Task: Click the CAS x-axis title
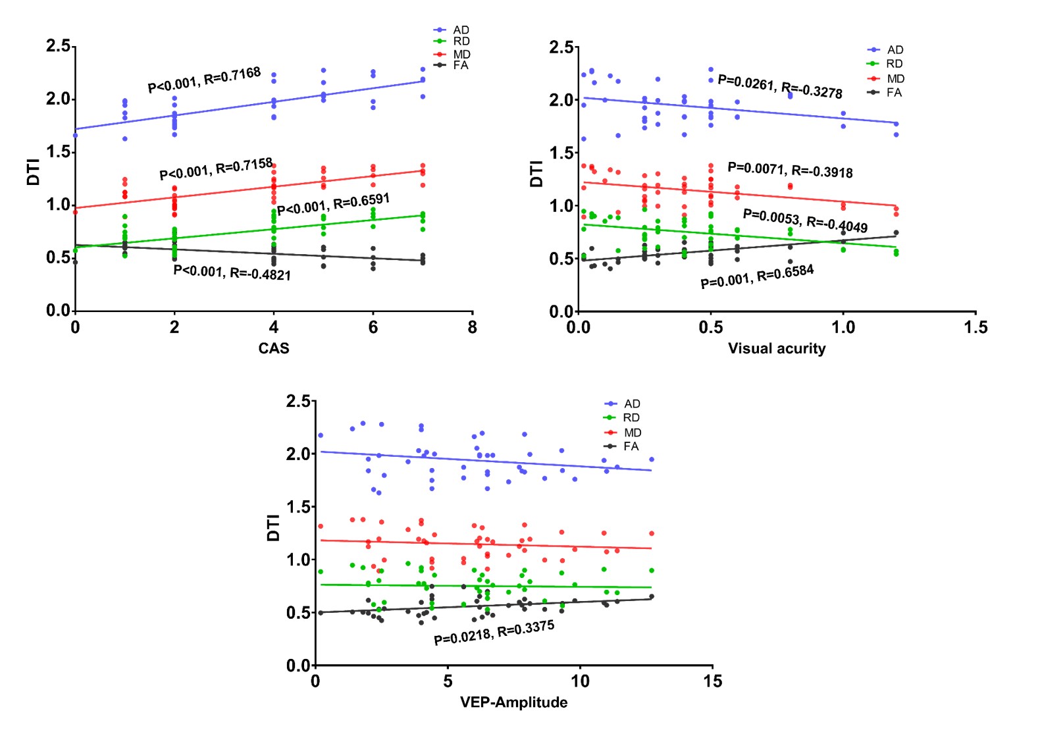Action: point(273,348)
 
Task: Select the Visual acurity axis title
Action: point(777,349)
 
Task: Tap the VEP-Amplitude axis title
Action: point(513,702)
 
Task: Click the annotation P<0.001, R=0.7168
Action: point(204,80)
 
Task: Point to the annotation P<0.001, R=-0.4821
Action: point(232,273)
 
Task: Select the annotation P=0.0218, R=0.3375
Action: point(494,632)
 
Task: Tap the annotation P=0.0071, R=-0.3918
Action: point(790,170)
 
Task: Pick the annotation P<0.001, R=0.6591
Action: point(333,205)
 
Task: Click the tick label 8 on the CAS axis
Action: point(472,327)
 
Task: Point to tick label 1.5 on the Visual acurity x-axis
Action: point(975,327)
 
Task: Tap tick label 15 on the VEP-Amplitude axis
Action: point(712,681)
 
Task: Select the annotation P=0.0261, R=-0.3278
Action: point(780,86)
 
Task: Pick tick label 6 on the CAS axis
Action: point(373,327)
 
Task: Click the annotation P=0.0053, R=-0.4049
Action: point(805,221)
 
